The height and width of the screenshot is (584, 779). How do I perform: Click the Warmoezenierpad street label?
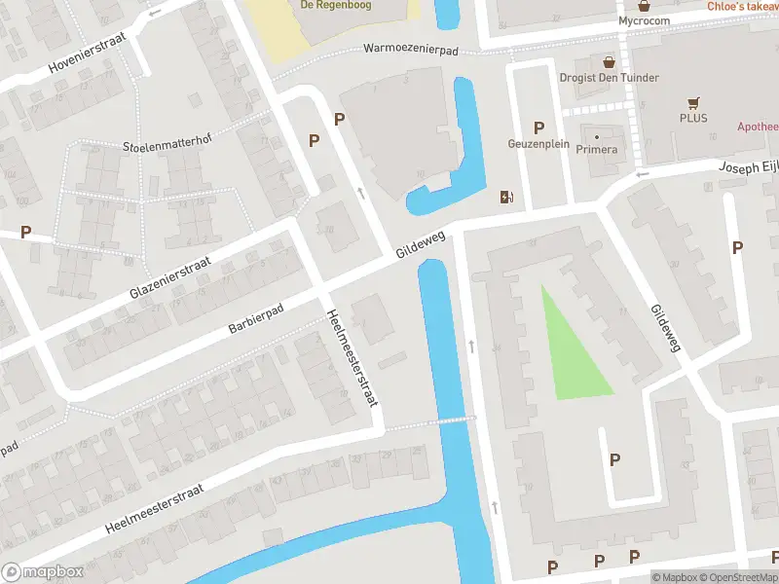point(410,48)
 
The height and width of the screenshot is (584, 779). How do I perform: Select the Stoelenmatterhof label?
point(167,146)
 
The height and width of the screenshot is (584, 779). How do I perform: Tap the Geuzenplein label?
point(538,144)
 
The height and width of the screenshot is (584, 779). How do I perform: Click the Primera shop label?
point(597,149)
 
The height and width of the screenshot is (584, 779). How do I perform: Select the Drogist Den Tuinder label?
point(610,78)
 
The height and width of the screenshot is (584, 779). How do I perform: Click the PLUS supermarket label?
point(693,118)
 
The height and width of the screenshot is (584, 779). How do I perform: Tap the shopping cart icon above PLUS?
point(693,102)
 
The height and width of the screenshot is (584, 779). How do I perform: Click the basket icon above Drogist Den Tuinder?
point(610,61)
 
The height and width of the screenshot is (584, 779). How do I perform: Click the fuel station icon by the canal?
point(506,197)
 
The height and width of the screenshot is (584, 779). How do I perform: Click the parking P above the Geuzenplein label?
point(538,128)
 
